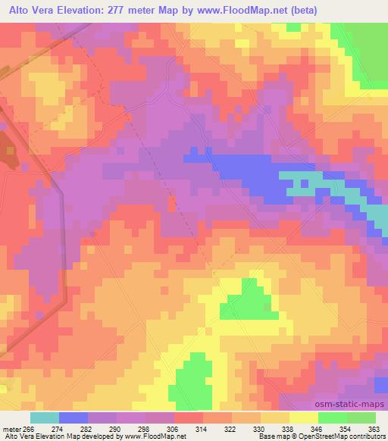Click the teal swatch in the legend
[x=45, y=418]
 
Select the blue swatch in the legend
[x=74, y=418]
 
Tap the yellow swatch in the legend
[x=304, y=418]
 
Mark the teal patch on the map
[x=303, y=183]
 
